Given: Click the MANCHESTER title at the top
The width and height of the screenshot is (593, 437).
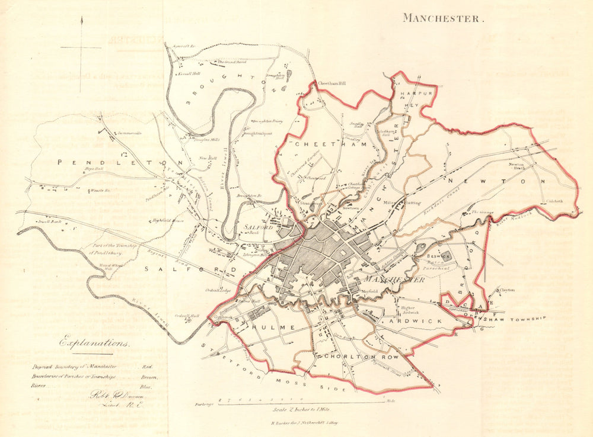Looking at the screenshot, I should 444,18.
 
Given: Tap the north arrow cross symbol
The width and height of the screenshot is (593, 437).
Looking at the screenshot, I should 82,46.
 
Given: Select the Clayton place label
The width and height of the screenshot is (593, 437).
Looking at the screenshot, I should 507,290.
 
